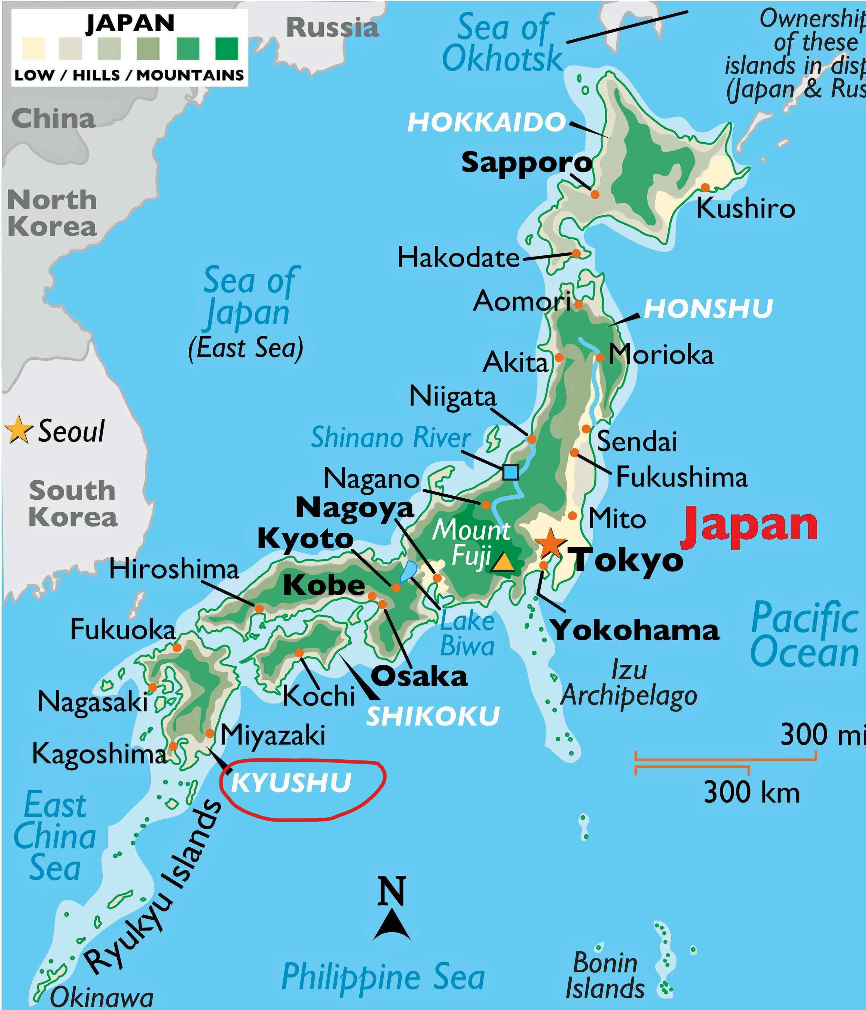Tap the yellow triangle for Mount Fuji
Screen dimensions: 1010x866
point(503,563)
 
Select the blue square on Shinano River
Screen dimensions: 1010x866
point(510,472)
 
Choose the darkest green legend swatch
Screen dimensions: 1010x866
point(227,49)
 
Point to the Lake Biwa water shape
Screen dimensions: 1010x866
point(408,570)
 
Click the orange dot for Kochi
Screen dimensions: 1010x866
point(299,653)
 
